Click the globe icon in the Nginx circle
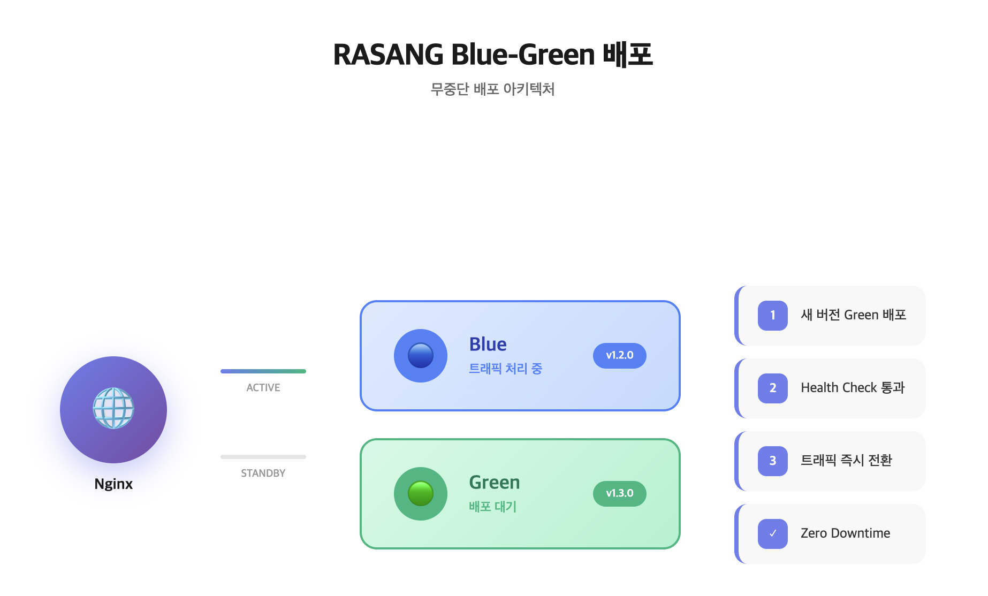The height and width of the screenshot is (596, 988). (113, 408)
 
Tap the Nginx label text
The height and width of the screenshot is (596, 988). (113, 484)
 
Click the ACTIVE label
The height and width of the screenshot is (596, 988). (263, 387)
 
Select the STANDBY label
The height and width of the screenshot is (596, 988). (263, 473)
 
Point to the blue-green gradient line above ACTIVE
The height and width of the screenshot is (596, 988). (263, 371)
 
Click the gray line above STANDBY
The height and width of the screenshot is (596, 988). (263, 457)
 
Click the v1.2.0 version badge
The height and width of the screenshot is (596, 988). (620, 355)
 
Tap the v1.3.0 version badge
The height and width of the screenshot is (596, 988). (620, 493)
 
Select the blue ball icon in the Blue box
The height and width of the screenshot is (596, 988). (421, 355)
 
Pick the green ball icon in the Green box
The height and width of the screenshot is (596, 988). (421, 493)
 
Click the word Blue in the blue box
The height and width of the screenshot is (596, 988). (488, 344)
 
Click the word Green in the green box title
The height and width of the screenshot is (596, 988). (495, 482)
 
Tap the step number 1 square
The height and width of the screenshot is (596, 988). (773, 315)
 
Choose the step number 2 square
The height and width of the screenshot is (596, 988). (773, 388)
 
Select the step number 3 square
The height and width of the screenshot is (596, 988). (773, 461)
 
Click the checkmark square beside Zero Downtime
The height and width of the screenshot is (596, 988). (773, 533)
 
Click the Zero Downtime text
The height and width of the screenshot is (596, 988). (846, 533)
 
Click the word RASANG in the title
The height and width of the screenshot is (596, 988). (389, 55)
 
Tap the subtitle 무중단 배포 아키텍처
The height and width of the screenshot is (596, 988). (493, 89)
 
